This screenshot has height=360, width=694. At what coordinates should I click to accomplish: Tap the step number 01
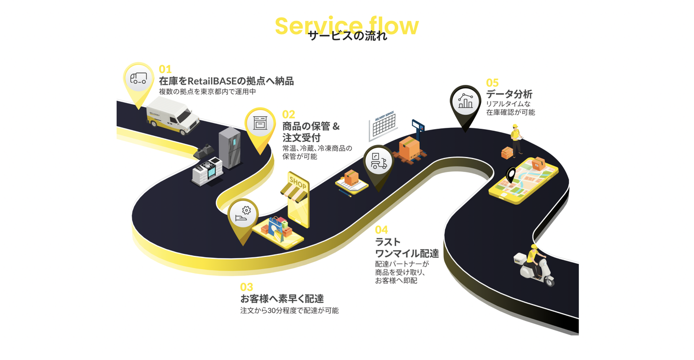click(x=165, y=69)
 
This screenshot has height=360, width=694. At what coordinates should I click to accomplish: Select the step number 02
click(x=288, y=114)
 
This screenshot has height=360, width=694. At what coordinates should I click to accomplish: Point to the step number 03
click(x=246, y=287)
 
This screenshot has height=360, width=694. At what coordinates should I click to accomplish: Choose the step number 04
click(x=381, y=230)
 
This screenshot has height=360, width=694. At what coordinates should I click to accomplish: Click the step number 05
click(x=492, y=83)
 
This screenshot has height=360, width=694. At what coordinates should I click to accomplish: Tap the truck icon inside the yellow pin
click(x=138, y=79)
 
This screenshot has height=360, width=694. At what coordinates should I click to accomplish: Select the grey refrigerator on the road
click(x=229, y=147)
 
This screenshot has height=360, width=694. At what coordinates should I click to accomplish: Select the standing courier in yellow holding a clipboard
click(x=517, y=140)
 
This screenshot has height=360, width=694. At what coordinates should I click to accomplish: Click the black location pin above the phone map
click(x=510, y=175)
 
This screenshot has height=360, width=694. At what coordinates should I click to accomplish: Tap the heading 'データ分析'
click(x=509, y=94)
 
